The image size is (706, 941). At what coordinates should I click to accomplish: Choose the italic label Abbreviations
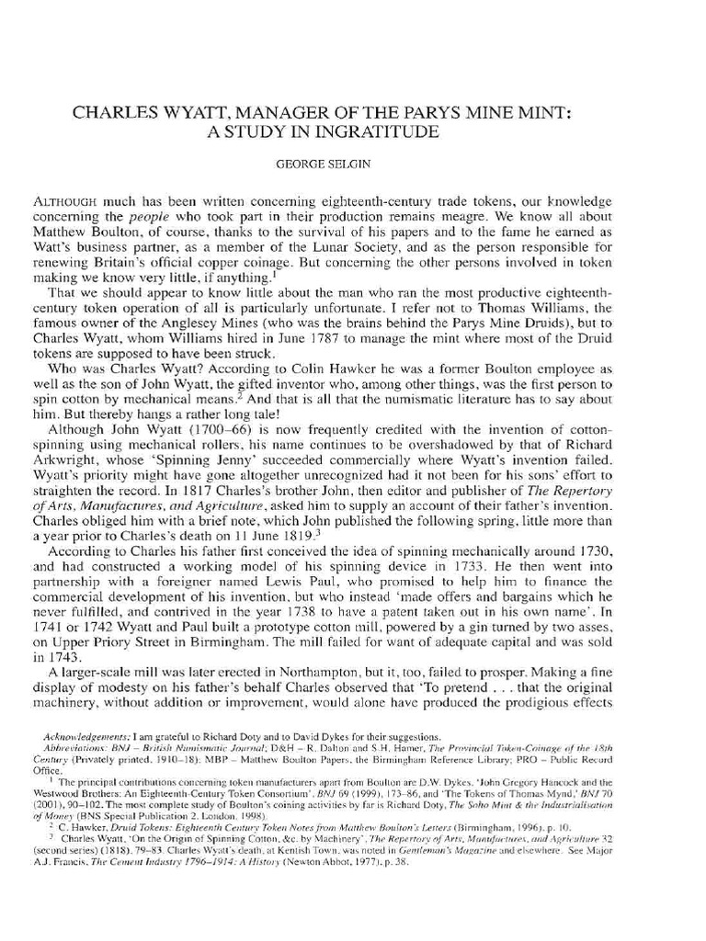[78, 750]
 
